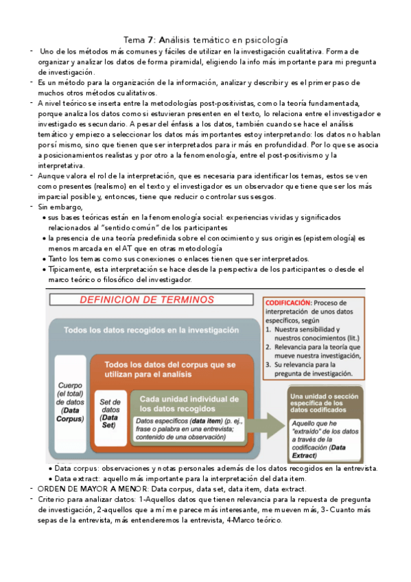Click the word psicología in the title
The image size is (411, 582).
point(263,40)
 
